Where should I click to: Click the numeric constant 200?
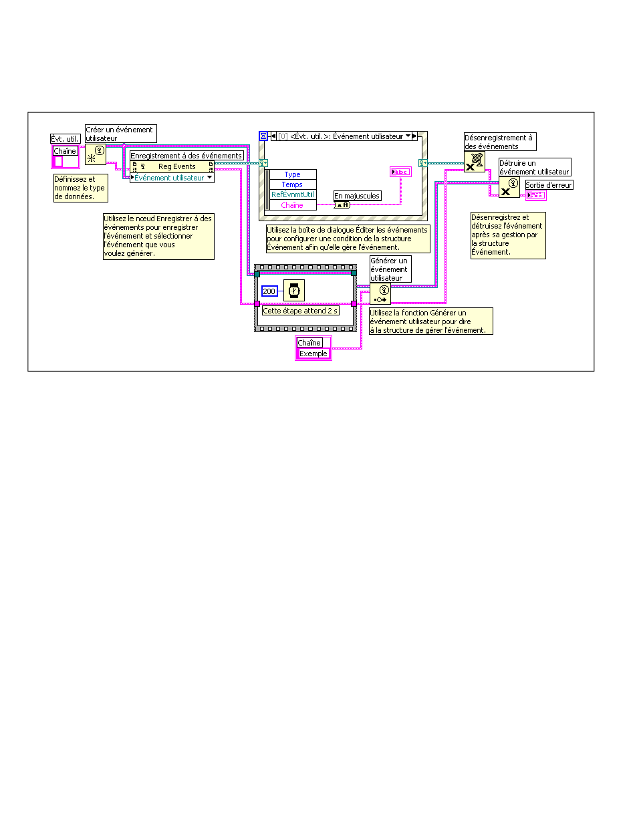(269, 291)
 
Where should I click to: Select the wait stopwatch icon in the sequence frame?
(293, 290)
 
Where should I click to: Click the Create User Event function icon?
(95, 154)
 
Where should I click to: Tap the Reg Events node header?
(172, 166)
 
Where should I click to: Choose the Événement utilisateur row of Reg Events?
(172, 178)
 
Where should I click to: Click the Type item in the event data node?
(292, 174)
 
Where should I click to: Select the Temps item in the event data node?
(292, 184)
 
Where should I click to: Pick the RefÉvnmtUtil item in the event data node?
(292, 194)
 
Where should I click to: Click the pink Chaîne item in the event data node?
(292, 205)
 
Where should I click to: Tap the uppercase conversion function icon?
(342, 205)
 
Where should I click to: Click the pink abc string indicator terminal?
(400, 172)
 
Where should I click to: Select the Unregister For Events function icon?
(475, 162)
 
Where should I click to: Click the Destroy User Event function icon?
(509, 187)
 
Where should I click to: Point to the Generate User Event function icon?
(380, 293)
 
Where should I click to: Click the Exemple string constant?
(313, 354)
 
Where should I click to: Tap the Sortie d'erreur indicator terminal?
(536, 195)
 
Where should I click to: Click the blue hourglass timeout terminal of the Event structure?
(263, 136)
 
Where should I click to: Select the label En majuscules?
(357, 196)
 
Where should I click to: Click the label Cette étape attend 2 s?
(300, 310)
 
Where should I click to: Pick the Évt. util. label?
(65, 138)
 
